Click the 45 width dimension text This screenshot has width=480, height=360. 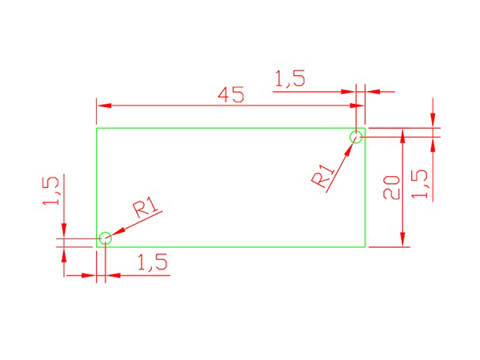point(231,94)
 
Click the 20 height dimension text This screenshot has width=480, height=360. point(391,188)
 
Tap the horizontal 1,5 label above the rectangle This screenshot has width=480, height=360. point(290,78)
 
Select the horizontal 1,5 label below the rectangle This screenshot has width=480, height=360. point(153,262)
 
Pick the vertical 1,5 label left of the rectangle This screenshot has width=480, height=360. point(50,190)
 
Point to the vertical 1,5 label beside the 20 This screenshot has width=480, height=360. point(419,184)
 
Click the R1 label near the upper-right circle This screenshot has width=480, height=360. point(323,176)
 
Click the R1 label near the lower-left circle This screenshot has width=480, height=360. point(146,206)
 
